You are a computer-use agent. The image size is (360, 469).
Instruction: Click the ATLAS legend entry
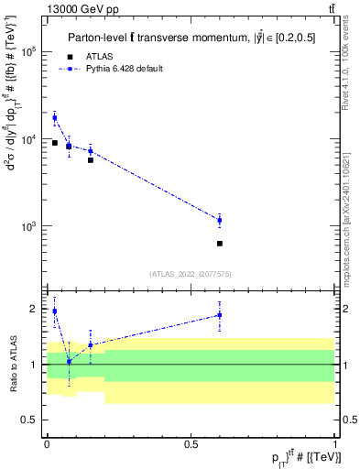(x=87, y=56)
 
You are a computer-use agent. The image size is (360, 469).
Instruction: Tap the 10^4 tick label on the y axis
(x=29, y=139)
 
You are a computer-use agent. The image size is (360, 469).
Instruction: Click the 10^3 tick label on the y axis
(x=29, y=225)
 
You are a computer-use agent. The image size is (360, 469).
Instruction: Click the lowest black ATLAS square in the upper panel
(x=220, y=244)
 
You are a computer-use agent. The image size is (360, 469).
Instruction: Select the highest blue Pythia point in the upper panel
(x=55, y=118)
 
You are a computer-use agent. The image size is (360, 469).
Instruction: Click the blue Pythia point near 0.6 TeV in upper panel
(x=220, y=220)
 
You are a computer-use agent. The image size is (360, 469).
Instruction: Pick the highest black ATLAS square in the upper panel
(x=55, y=143)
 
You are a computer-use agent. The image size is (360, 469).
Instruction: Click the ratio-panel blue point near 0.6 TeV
(x=220, y=315)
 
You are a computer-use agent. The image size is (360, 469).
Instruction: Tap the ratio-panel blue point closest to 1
(x=69, y=361)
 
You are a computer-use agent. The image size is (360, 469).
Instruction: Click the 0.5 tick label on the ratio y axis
(x=33, y=420)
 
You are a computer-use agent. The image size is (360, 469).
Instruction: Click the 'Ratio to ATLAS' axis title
(x=12, y=364)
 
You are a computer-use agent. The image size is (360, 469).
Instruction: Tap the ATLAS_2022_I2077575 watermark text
(x=190, y=273)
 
